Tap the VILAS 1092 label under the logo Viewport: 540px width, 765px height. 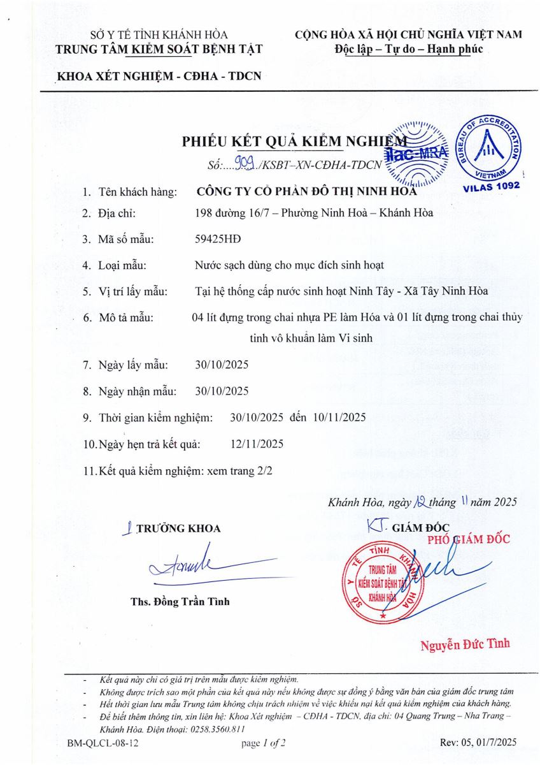point(491,186)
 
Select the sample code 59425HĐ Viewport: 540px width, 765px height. point(218,240)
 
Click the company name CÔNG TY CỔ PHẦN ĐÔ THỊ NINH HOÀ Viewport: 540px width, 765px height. point(306,190)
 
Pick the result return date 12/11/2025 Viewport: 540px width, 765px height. point(257,444)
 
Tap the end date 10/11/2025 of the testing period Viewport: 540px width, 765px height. point(340,418)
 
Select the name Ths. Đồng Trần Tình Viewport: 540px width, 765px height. point(180,601)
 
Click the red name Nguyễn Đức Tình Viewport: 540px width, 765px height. point(465,644)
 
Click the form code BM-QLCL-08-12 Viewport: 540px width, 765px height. point(103,743)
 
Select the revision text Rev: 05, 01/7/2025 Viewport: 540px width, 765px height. point(478,743)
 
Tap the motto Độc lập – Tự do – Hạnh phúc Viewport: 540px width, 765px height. point(408,48)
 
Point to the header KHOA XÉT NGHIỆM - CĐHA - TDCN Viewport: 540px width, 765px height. point(159,76)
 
